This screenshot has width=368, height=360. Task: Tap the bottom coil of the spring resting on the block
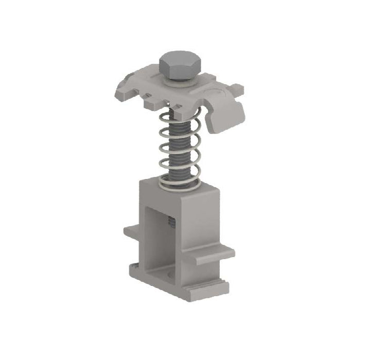coord(178,183)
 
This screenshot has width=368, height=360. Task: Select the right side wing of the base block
coord(214,255)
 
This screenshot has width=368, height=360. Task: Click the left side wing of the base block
coord(131,231)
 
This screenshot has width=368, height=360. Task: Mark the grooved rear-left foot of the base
coord(135,267)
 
